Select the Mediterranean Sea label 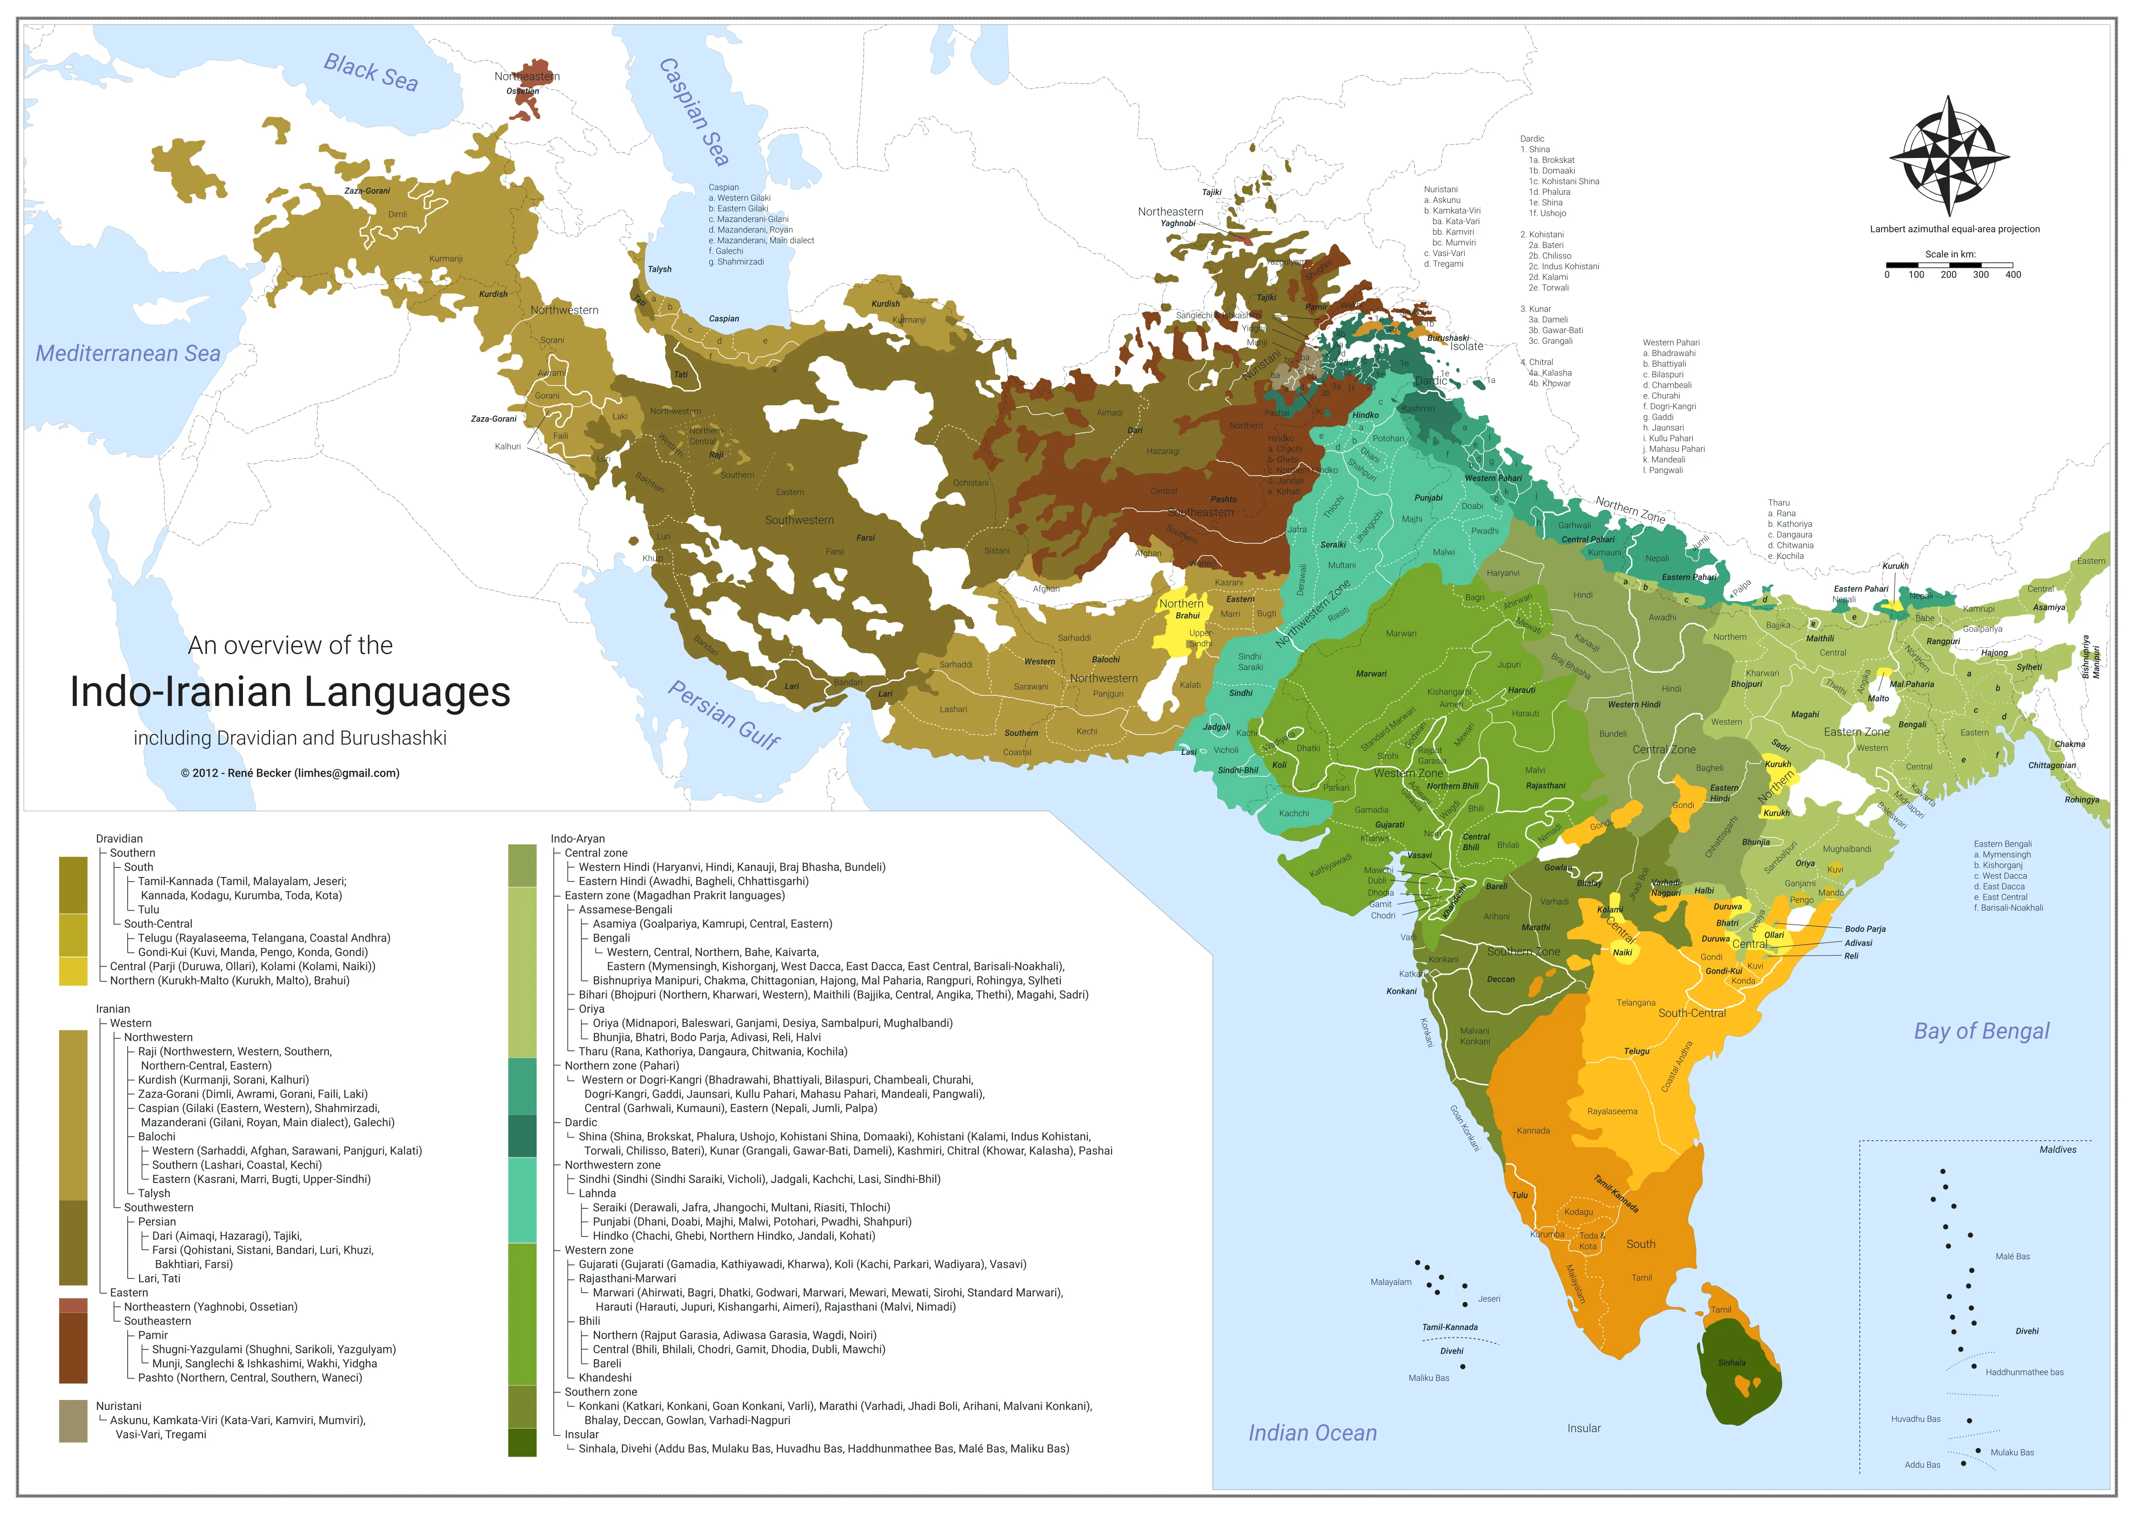(128, 353)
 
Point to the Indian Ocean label (1312, 1433)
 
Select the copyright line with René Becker (290, 773)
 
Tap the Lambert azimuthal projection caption (1954, 229)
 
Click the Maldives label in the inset (2058, 1150)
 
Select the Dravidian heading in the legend (119, 838)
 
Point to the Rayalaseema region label (1611, 1111)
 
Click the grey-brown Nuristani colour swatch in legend (73, 1421)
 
